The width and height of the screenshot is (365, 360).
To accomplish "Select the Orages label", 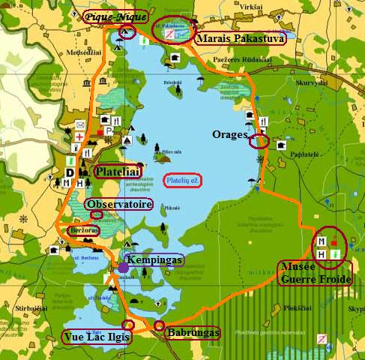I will click(229, 134).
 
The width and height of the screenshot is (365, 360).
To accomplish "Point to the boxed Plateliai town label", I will click(118, 172).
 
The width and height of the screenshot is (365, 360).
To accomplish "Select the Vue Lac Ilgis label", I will click(96, 337).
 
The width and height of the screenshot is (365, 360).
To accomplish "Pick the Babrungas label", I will click(193, 331).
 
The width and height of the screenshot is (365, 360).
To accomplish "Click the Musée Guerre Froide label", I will click(314, 273).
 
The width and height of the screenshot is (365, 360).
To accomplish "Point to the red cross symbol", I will click(79, 136).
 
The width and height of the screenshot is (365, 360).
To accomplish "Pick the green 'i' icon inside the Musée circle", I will click(334, 256).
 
